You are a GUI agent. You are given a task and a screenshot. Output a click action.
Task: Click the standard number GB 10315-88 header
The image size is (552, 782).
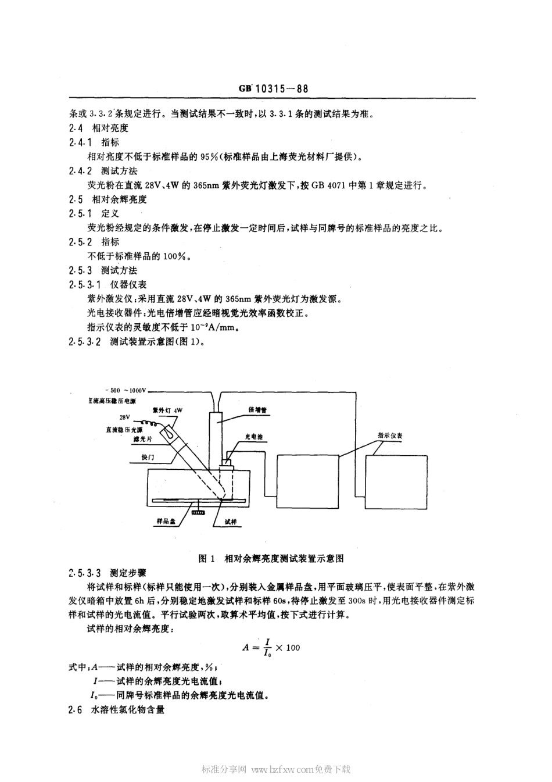point(273,89)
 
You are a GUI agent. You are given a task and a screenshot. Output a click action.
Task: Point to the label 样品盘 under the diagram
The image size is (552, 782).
point(166,522)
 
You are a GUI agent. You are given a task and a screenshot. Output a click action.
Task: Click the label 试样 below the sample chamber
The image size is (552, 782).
point(231,522)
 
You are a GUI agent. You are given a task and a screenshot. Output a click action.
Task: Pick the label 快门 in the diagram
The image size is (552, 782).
point(148,458)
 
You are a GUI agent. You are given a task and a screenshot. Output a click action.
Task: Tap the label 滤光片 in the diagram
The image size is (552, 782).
point(142,440)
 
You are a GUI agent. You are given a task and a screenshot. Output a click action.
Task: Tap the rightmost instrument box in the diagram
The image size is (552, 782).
point(398,482)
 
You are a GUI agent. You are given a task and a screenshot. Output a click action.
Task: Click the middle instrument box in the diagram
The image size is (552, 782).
point(307,482)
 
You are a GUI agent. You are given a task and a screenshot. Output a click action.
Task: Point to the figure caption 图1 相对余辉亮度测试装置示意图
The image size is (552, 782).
point(271,558)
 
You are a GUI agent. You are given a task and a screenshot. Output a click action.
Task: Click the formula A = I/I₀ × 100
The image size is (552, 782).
point(271,647)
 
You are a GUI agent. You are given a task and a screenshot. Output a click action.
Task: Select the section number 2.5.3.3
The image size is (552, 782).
point(85,572)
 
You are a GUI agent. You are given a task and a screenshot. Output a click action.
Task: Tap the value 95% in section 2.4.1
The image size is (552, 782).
point(209,156)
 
